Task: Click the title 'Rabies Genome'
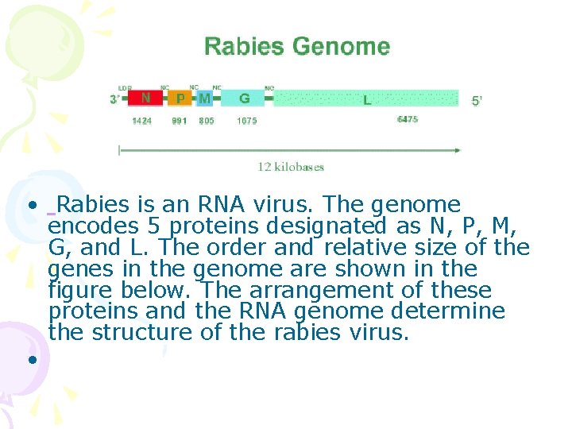point(297,47)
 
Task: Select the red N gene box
point(145,99)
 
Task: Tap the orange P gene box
point(180,99)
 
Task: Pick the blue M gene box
point(205,99)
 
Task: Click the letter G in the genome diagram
point(245,99)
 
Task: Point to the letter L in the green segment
point(366,100)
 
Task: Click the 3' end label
point(116,99)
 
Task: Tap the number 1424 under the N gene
point(141,122)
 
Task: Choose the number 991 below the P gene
point(180,122)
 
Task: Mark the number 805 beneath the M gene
point(206,122)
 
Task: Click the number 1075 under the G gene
point(246,122)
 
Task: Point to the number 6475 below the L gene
point(408,119)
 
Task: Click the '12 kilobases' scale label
point(291,167)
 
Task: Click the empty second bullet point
point(32,359)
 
